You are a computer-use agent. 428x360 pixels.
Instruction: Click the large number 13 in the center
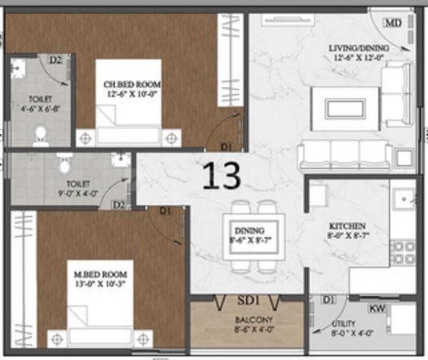pos(220,175)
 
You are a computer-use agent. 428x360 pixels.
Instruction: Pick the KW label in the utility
pos(376,309)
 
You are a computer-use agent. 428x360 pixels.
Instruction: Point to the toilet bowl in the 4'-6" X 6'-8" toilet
pos(41,135)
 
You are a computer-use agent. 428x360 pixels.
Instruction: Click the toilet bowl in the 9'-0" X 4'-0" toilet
pos(64,165)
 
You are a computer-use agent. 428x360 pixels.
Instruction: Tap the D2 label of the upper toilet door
pos(56,61)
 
